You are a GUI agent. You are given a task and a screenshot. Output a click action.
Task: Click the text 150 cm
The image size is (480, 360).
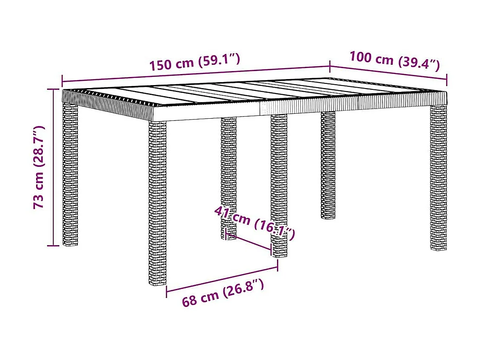(x=170, y=64)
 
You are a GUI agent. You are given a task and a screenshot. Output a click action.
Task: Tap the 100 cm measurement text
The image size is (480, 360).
(x=371, y=58)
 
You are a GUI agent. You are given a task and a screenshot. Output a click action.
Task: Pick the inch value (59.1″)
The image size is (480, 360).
(x=219, y=60)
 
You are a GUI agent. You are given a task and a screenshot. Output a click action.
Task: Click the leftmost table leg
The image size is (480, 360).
(x=70, y=174)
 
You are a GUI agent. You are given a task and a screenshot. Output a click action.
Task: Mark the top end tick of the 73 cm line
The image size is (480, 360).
(x=53, y=89)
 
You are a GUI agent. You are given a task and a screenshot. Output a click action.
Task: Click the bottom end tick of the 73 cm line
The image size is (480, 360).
(x=53, y=246)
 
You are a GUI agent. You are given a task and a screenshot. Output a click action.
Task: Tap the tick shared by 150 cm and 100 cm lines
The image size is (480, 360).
(x=330, y=66)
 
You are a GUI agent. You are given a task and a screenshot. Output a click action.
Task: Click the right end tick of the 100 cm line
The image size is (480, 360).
(x=446, y=80)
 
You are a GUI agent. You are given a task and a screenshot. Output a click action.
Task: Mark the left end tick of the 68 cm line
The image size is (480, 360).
(x=166, y=291)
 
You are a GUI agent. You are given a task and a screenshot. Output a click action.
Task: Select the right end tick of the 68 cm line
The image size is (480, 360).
(x=277, y=266)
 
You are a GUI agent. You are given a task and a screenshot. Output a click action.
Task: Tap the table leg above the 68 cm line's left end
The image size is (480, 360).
(x=157, y=204)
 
